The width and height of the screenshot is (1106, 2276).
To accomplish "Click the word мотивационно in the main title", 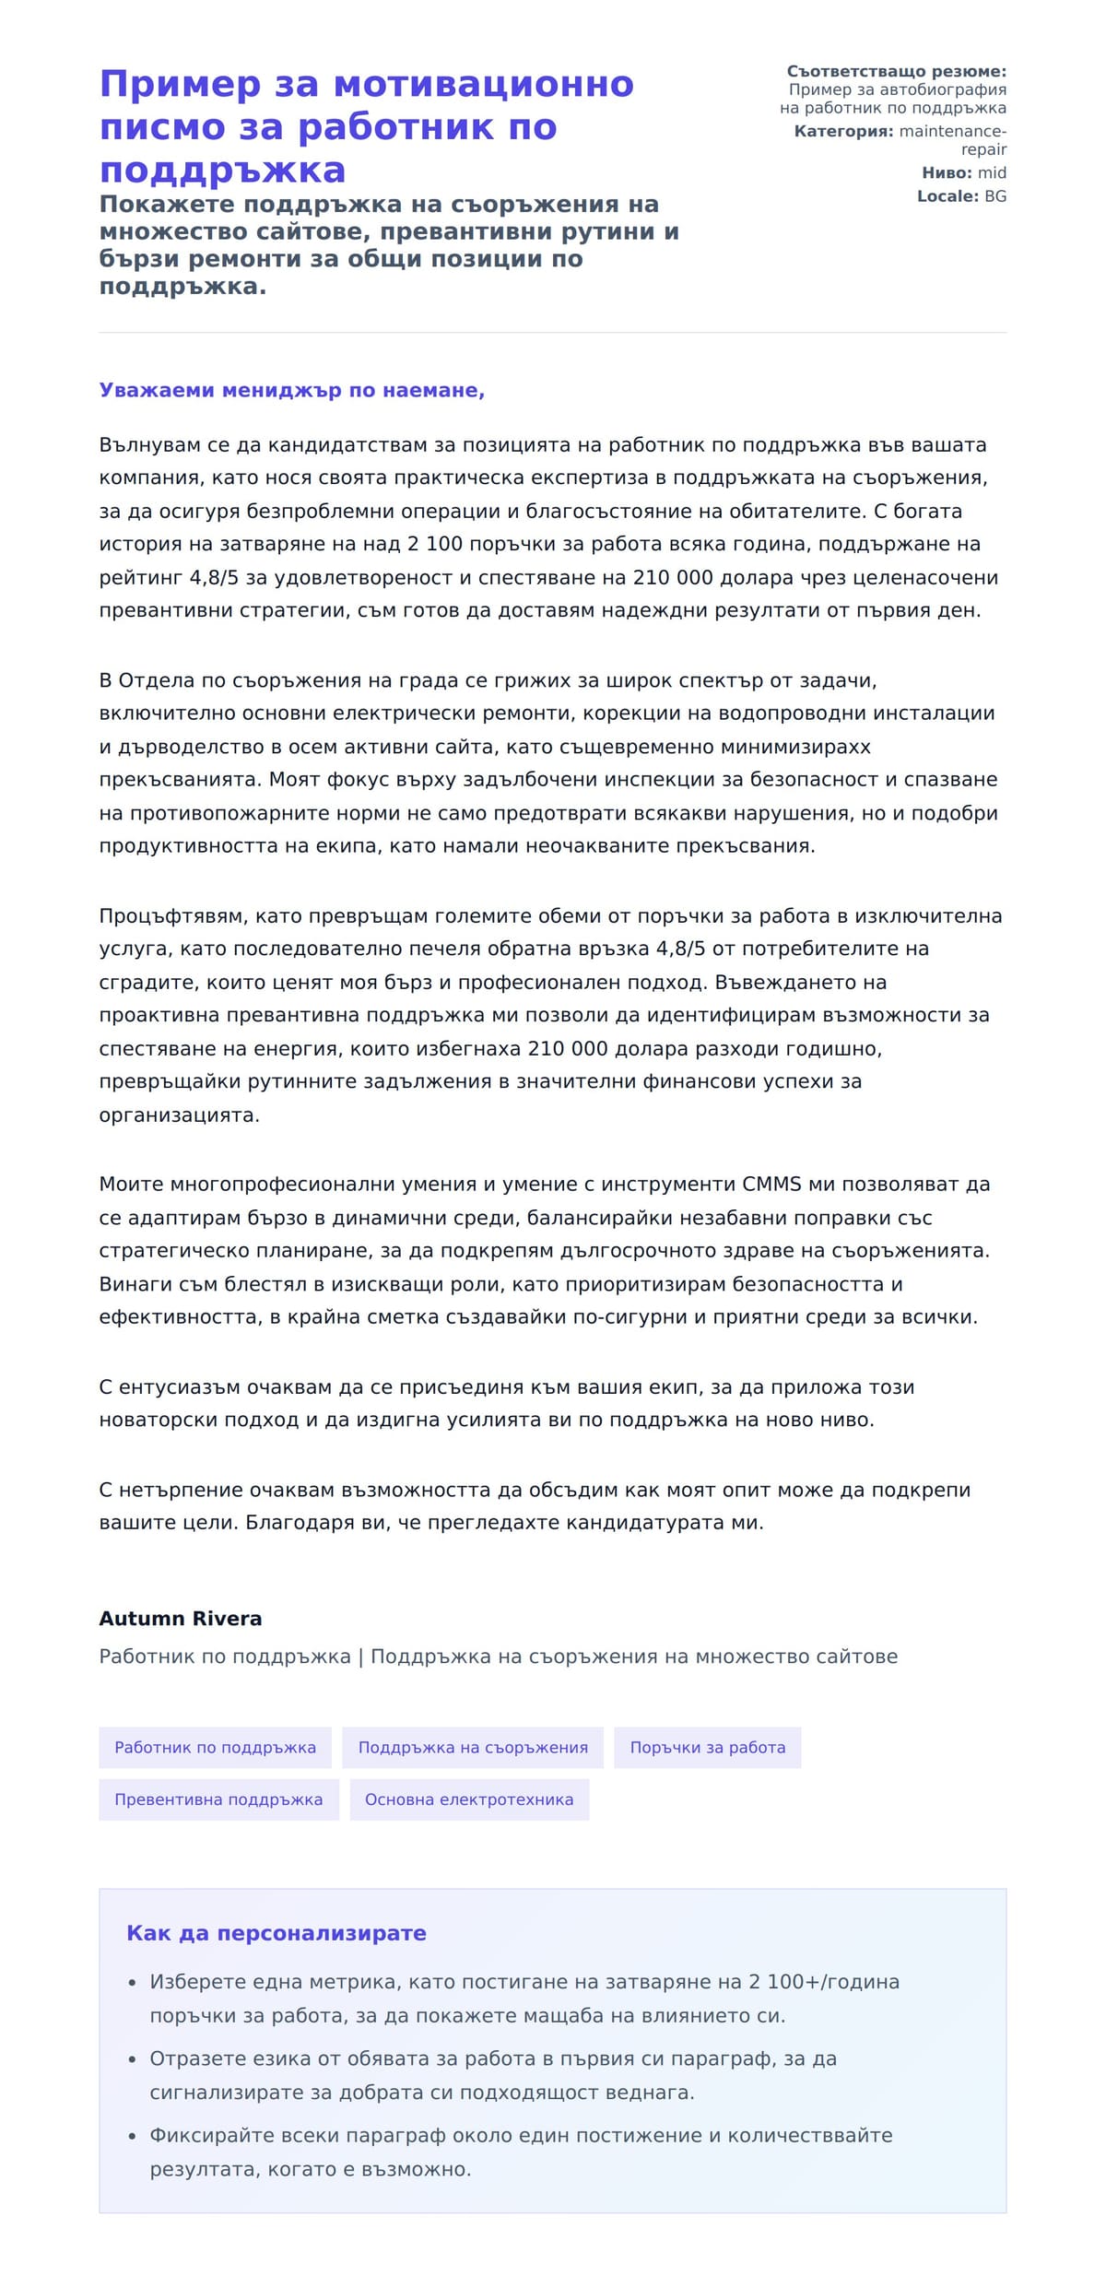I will point(483,84).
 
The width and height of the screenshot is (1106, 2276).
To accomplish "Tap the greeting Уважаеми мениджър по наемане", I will point(291,390).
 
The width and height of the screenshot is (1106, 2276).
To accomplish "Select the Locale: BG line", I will point(961,195).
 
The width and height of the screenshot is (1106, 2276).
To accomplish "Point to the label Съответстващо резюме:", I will point(896,71).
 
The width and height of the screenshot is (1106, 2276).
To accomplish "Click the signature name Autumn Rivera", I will point(180,1618).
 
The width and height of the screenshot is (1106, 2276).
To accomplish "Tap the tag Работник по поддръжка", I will point(215,1747).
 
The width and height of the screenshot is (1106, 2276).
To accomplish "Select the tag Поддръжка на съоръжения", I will point(473,1747).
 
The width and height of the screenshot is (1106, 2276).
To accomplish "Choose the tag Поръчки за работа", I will point(707,1747).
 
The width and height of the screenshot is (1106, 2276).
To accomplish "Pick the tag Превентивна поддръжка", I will point(218,1798).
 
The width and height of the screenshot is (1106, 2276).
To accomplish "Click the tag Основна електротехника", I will point(469,1798).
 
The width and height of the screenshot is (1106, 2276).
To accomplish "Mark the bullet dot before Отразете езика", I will point(132,2058).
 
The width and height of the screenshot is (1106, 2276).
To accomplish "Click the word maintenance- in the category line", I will point(952,131).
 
